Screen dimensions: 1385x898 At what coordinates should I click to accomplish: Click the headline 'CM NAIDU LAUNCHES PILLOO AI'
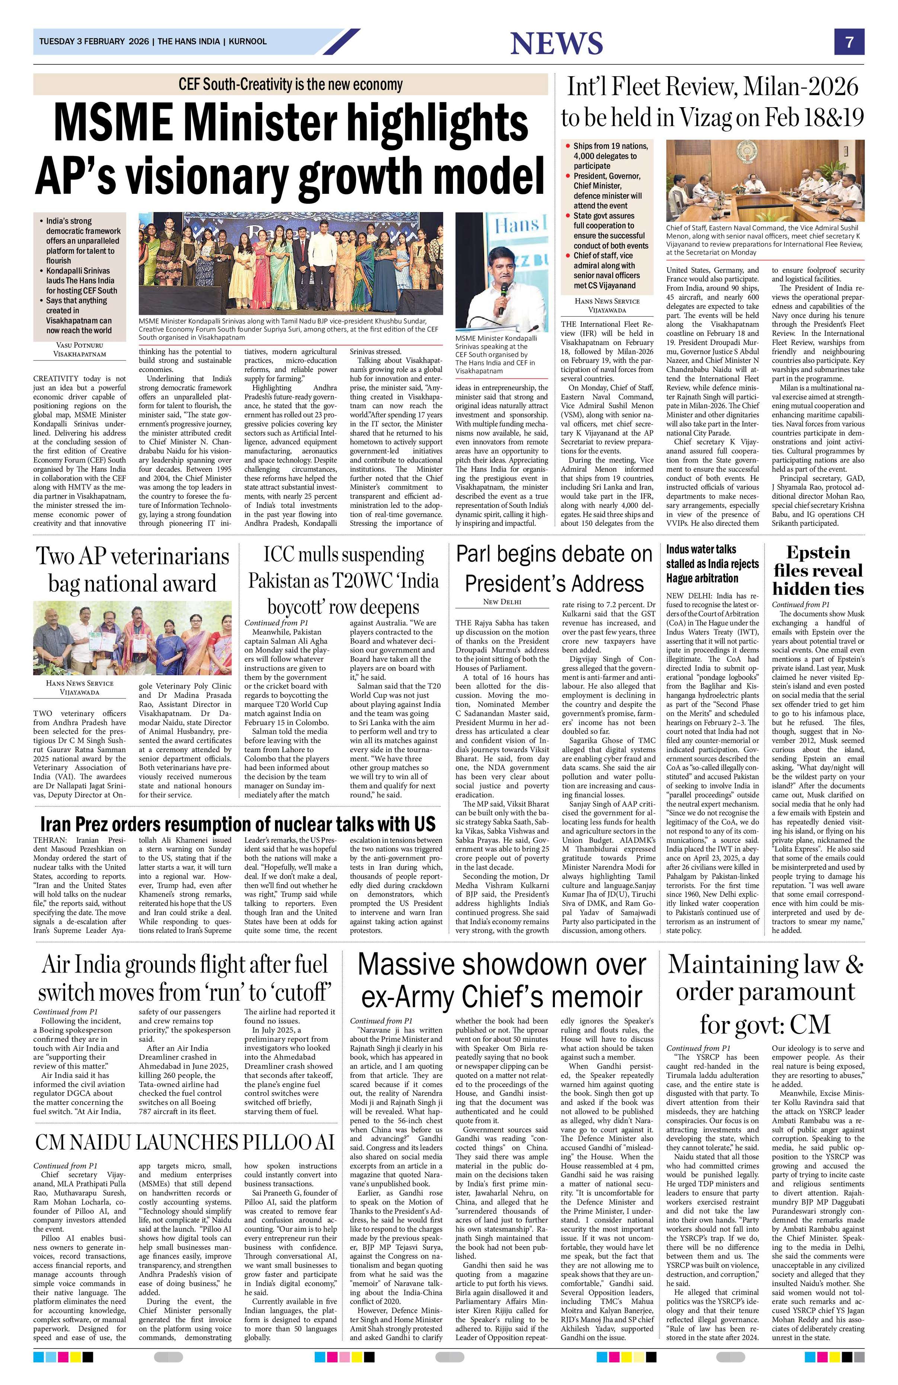tap(185, 1142)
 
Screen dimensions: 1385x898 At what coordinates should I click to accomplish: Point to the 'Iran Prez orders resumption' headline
tap(237, 824)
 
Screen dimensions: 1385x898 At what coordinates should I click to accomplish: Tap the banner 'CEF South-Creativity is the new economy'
tap(290, 84)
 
